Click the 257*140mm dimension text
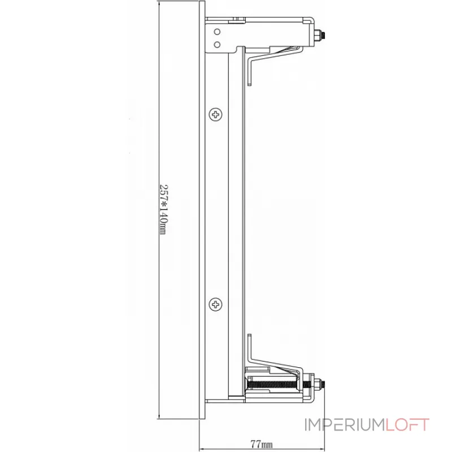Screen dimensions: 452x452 tap(164, 209)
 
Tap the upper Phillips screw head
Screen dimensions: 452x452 tap(217, 115)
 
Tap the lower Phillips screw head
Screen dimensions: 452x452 tap(217, 305)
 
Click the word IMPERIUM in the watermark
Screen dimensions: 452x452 tap(345, 425)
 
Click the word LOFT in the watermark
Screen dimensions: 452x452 tap(408, 425)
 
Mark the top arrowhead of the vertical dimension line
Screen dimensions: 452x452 tap(160, 3)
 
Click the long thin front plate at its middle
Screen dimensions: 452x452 tap(202, 209)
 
